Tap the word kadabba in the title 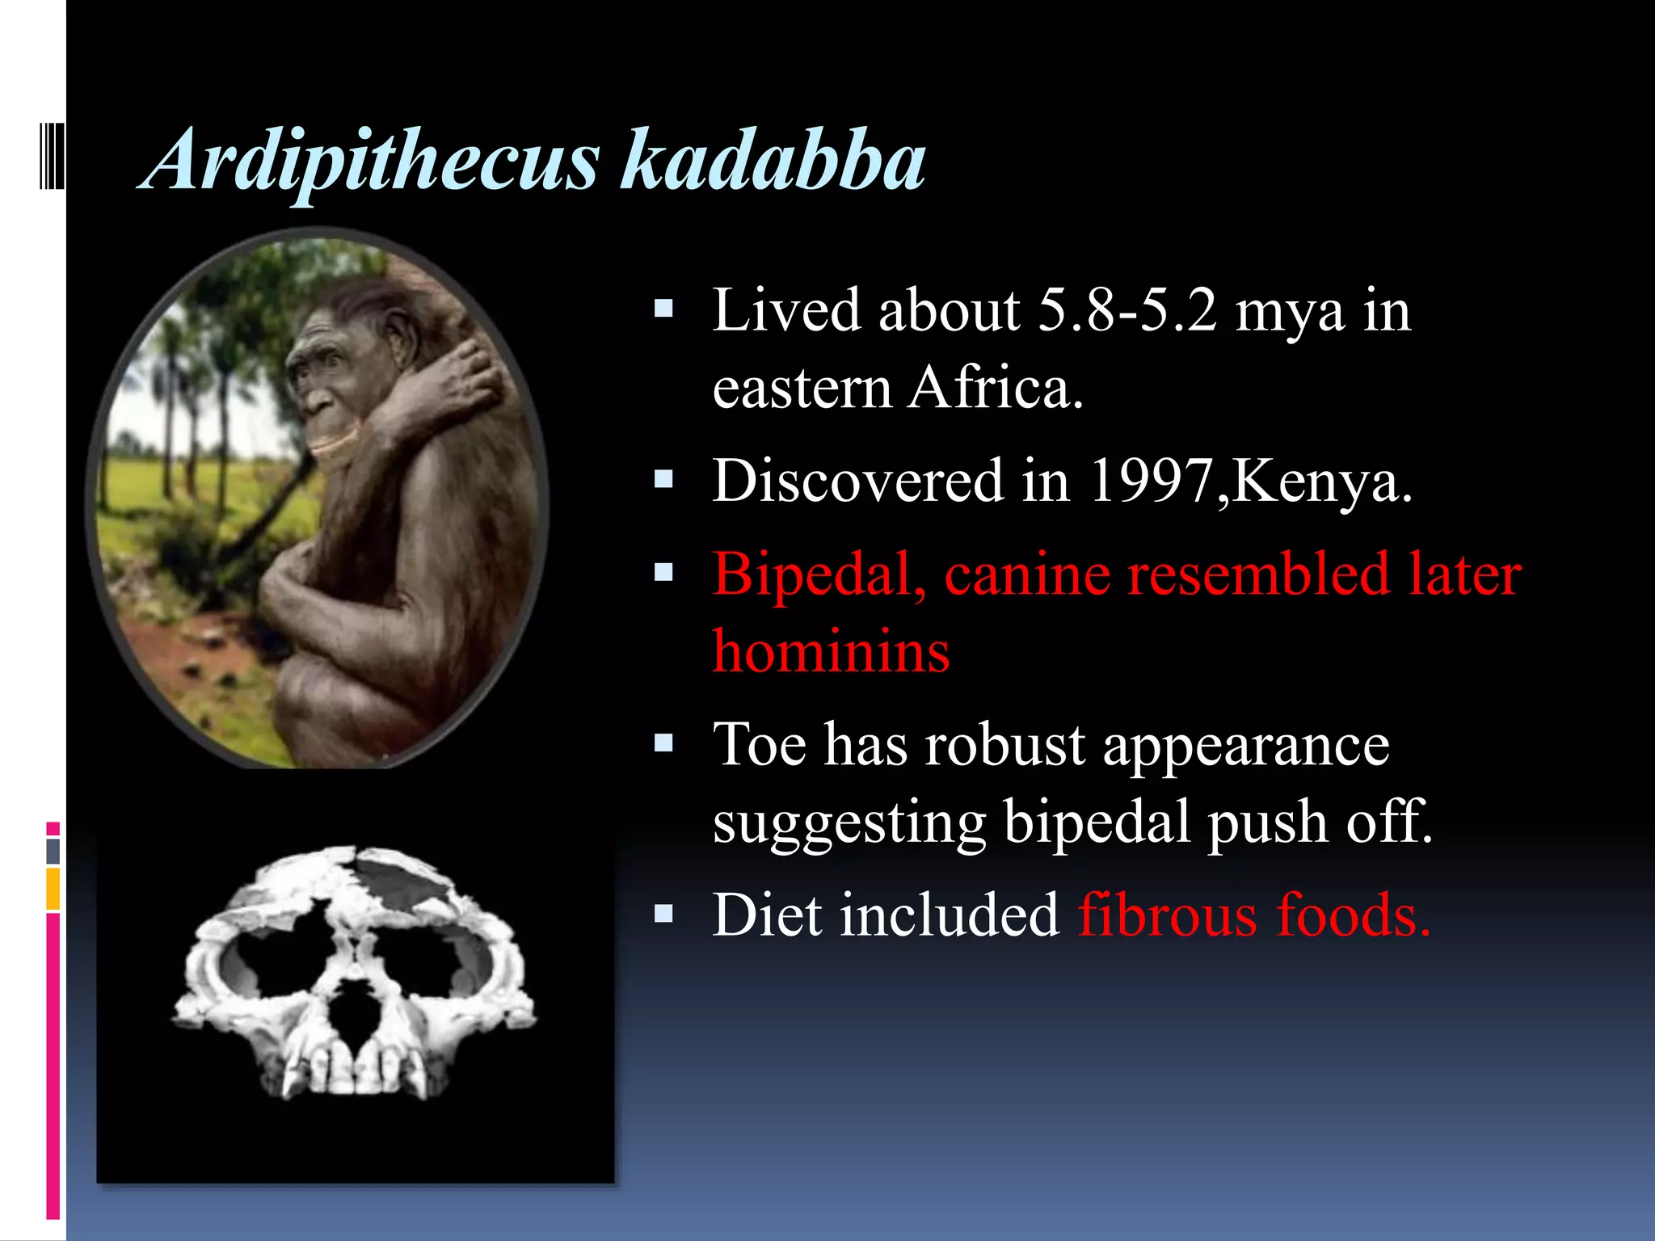(772, 162)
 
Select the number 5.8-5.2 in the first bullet (1127, 311)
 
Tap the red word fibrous (1167, 916)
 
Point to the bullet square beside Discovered (663, 480)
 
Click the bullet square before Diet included (663, 914)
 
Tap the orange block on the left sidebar (53, 889)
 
